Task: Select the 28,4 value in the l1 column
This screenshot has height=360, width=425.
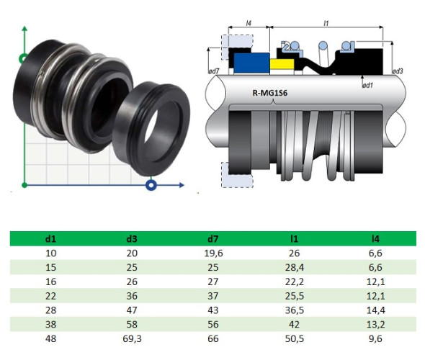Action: pos(294,267)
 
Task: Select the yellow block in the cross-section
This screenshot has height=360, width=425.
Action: pos(281,66)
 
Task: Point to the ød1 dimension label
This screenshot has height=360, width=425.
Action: pos(367,85)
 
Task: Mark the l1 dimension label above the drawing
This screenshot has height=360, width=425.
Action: pos(326,23)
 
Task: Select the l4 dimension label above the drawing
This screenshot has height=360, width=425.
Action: pos(249,23)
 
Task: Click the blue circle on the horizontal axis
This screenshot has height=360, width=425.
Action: pos(151,186)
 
